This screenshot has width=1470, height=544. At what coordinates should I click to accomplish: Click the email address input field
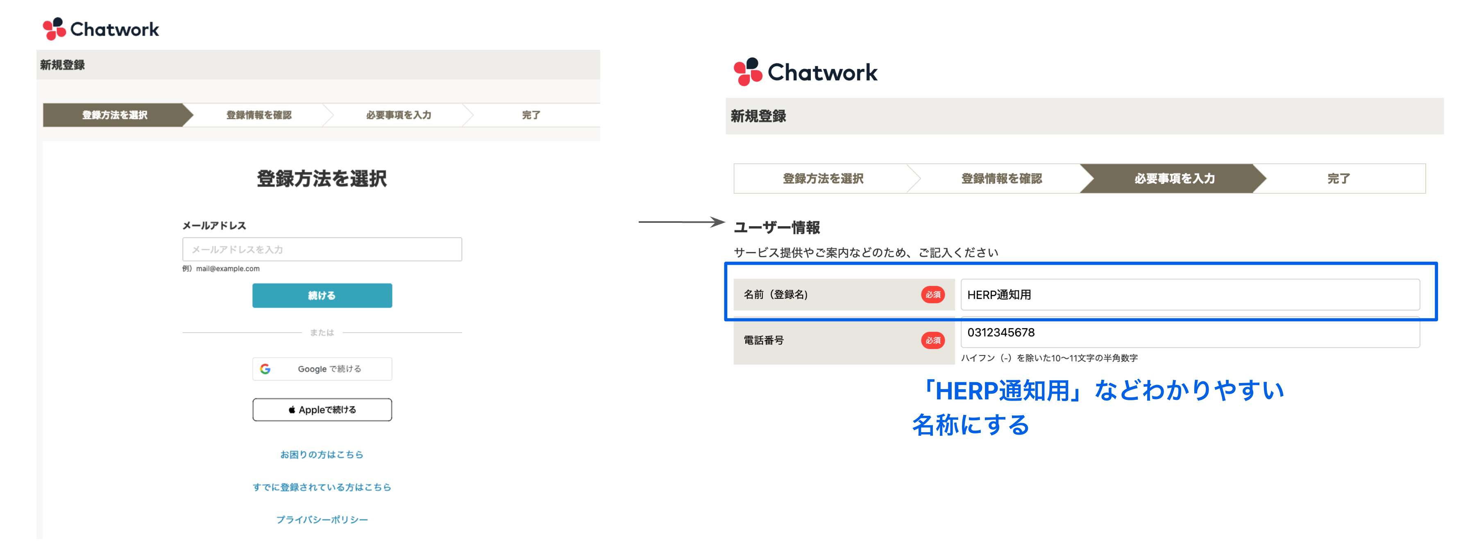tap(322, 249)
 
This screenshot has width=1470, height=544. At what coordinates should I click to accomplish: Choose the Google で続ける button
tap(322, 369)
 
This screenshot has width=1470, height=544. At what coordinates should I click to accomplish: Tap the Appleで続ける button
tap(322, 409)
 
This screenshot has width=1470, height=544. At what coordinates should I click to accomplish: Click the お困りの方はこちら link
tap(322, 454)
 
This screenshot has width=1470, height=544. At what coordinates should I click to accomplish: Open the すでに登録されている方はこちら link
tap(322, 487)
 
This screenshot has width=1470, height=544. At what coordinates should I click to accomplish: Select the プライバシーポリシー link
tap(322, 519)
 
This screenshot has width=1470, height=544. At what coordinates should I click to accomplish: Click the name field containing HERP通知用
tap(1190, 295)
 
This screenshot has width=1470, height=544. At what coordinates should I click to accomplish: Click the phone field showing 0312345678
tap(1190, 333)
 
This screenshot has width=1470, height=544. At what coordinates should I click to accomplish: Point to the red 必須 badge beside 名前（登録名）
tap(932, 295)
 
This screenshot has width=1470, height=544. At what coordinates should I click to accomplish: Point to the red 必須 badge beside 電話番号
tap(932, 340)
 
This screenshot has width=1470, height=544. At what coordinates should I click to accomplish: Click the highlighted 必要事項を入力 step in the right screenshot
tap(1174, 179)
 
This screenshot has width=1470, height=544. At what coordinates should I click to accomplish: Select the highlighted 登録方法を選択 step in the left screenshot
tap(114, 115)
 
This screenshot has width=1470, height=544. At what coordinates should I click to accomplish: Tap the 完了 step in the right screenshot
tap(1338, 179)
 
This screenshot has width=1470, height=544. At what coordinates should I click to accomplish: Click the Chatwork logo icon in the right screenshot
tap(748, 72)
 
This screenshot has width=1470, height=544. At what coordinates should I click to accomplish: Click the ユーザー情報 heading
tap(777, 227)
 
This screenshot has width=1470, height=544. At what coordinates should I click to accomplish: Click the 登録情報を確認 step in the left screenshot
tap(259, 115)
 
